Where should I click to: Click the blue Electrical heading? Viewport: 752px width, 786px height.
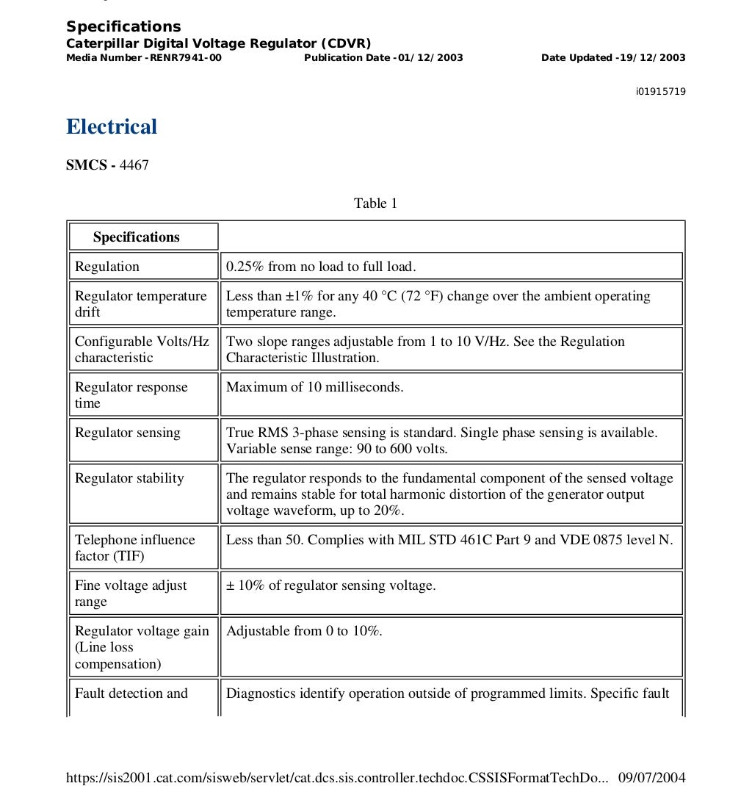tap(112, 126)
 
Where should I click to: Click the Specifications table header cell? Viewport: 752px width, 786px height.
tap(137, 237)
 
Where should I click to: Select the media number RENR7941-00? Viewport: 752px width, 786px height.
tap(185, 58)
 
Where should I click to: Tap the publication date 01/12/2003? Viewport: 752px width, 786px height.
tap(429, 58)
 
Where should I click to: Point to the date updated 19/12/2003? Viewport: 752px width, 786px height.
tap(652, 58)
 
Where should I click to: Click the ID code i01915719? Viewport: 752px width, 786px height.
tap(660, 92)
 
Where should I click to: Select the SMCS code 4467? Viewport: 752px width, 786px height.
tap(134, 165)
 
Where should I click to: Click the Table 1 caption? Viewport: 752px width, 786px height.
tap(375, 203)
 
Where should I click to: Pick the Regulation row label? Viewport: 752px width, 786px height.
tap(107, 267)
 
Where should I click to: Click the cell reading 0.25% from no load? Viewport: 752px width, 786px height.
tap(321, 267)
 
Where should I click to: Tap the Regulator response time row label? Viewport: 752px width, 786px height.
tap(131, 394)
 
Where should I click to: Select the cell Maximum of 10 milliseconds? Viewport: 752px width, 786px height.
tap(314, 387)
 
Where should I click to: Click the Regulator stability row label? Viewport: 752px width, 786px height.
tap(129, 478)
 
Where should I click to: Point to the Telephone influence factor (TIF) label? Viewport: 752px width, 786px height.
tap(134, 547)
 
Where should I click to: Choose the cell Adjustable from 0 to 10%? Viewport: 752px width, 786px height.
tap(304, 631)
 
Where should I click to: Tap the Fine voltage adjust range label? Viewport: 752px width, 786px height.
tap(131, 593)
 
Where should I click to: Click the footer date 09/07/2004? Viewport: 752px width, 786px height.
tap(652, 777)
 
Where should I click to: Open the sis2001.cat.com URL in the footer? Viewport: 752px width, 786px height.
tap(337, 777)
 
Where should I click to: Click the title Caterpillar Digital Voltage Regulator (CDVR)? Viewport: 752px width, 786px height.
tap(219, 43)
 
